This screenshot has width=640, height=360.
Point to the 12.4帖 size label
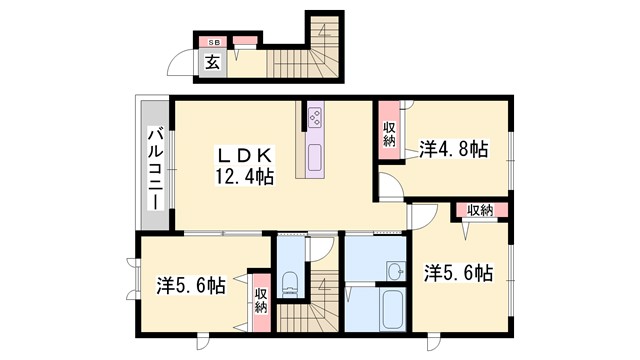(244, 177)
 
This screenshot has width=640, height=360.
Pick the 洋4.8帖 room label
(454, 150)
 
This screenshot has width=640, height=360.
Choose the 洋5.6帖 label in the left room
(190, 285)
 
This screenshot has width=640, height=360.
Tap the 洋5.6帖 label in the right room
(457, 271)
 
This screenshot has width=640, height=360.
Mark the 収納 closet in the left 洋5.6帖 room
(260, 301)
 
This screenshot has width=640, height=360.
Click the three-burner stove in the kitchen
(313, 118)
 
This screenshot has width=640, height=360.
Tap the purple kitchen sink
(313, 157)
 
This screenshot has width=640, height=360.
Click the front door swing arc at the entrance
(181, 65)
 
